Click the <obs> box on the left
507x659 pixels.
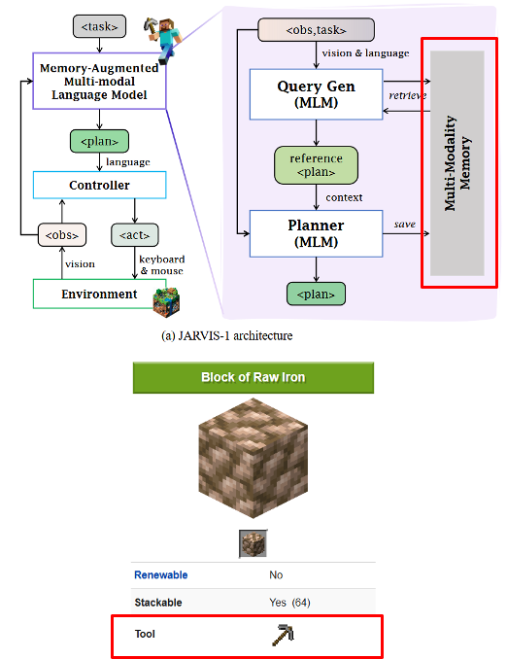[62, 234]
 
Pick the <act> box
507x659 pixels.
[136, 234]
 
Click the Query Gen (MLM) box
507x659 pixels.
[317, 94]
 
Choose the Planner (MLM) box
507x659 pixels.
[317, 233]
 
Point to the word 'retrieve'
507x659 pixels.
[407, 95]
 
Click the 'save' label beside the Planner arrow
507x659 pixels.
[405, 225]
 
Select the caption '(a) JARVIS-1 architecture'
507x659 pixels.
[225, 335]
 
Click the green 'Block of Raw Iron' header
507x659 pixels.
[253, 377]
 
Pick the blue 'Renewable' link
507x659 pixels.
[160, 574]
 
